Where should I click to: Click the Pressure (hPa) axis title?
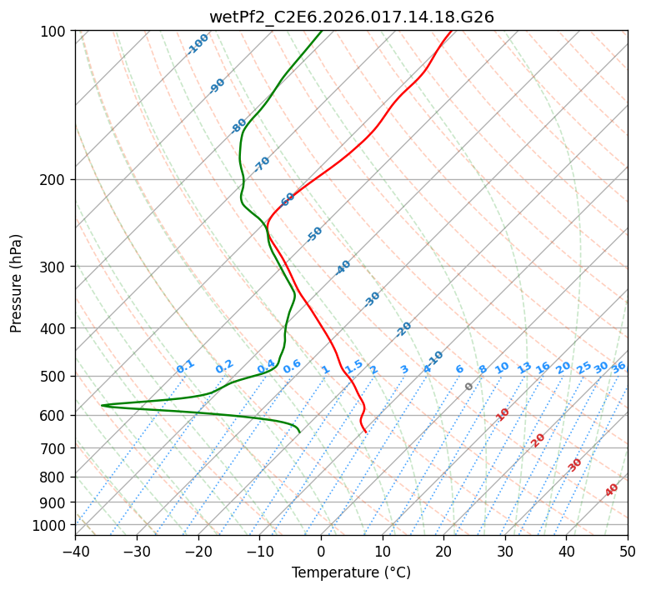click(x=17, y=282)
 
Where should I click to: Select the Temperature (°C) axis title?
click(x=351, y=573)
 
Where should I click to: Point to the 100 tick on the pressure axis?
click(x=55, y=32)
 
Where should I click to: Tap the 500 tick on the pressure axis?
click(x=55, y=377)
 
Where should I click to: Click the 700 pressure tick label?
click(x=55, y=448)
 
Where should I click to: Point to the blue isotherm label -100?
click(x=198, y=44)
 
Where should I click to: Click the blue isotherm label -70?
click(x=262, y=164)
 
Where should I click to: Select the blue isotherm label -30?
click(x=372, y=299)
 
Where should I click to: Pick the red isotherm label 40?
click(x=612, y=490)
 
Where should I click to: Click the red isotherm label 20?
click(x=538, y=439)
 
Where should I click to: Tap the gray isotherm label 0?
click(x=469, y=387)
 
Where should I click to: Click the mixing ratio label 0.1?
click(x=185, y=366)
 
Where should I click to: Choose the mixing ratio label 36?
click(x=618, y=367)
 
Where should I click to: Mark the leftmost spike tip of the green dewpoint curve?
click(x=102, y=405)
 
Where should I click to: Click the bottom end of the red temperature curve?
click(x=366, y=432)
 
